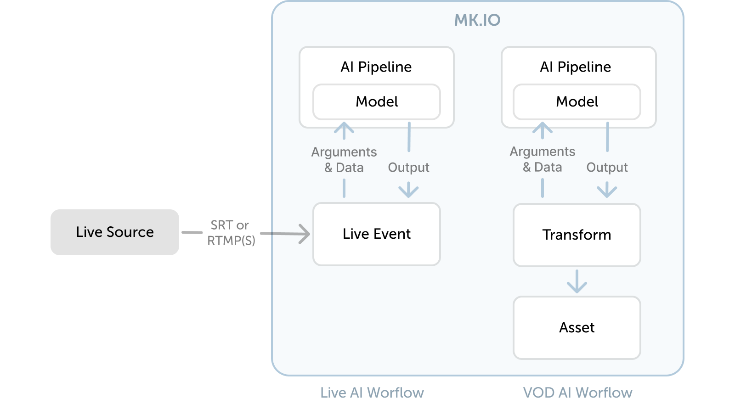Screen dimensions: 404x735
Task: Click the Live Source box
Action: pyautogui.click(x=114, y=232)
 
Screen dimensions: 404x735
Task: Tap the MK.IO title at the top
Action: pyautogui.click(x=477, y=20)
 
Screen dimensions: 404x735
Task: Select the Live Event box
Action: pyautogui.click(x=376, y=234)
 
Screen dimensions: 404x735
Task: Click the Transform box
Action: pyautogui.click(x=577, y=235)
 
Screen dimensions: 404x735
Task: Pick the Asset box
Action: pyautogui.click(x=577, y=328)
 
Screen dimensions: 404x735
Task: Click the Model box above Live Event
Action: pyautogui.click(x=376, y=102)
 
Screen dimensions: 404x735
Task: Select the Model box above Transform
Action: pyautogui.click(x=577, y=102)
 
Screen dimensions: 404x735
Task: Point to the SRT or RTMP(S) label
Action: pyautogui.click(x=231, y=233)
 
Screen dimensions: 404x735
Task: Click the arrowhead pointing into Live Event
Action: pyautogui.click(x=305, y=234)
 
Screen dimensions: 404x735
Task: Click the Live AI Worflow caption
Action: pyautogui.click(x=372, y=393)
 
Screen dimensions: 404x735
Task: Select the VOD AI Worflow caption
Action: pyautogui.click(x=577, y=393)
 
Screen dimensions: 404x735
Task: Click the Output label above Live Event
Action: pyautogui.click(x=408, y=168)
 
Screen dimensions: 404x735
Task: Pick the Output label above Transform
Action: pyautogui.click(x=607, y=168)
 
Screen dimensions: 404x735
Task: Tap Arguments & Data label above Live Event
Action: pyautogui.click(x=344, y=160)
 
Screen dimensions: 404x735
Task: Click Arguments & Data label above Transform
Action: pyautogui.click(x=543, y=159)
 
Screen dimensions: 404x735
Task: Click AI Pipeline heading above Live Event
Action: pyautogui.click(x=376, y=67)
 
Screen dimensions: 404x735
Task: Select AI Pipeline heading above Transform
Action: pyautogui.click(x=575, y=67)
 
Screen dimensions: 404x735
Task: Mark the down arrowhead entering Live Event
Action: pyautogui.click(x=408, y=191)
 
